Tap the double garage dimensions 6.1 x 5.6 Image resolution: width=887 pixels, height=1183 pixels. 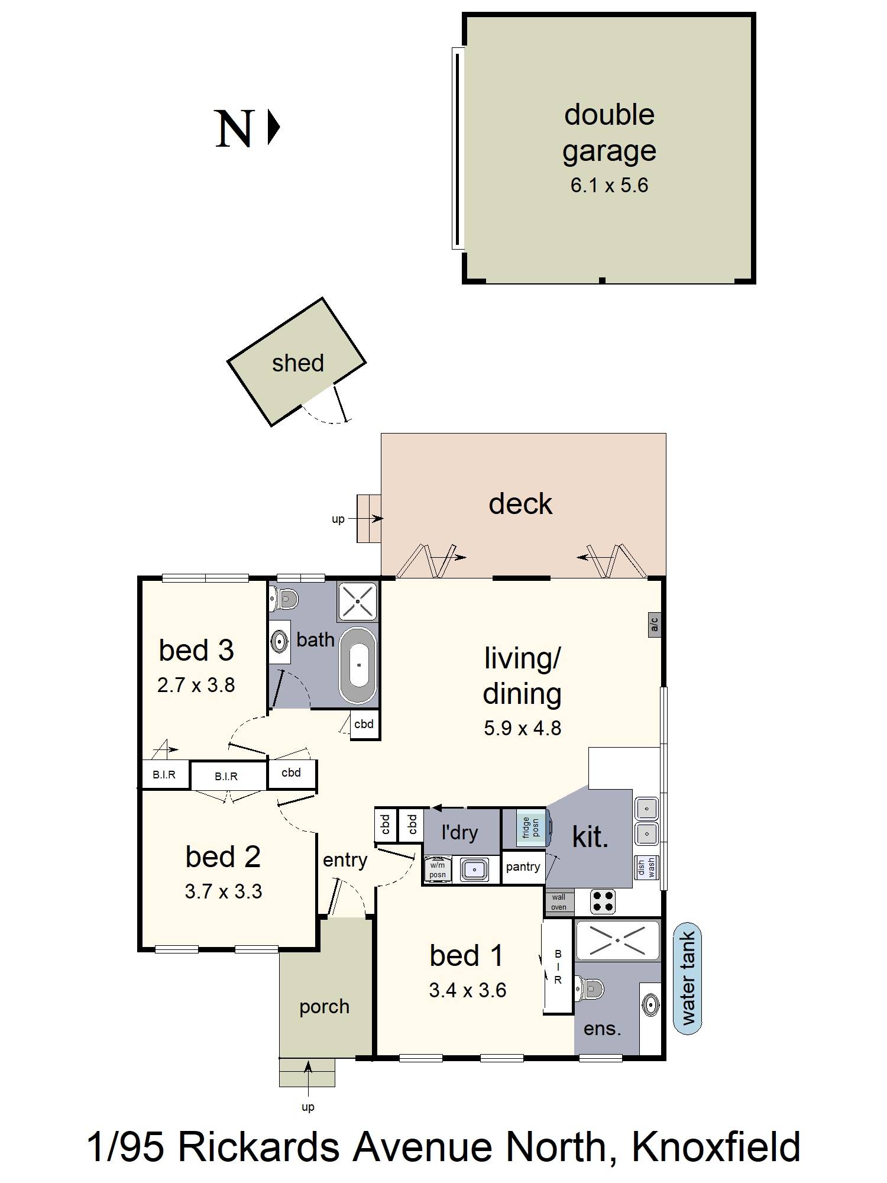click(609, 186)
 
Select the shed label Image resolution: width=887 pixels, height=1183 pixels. click(298, 363)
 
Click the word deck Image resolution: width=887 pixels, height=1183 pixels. click(520, 504)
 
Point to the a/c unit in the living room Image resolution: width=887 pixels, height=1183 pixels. click(654, 624)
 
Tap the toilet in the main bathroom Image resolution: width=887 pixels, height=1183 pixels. click(285, 599)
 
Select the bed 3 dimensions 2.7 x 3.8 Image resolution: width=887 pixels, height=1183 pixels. click(196, 685)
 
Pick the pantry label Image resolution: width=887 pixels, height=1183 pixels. click(523, 867)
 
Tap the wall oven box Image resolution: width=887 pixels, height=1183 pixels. click(559, 902)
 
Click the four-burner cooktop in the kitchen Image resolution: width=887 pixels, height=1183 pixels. click(603, 901)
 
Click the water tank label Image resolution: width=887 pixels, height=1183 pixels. click(688, 978)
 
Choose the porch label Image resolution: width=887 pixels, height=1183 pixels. click(324, 1007)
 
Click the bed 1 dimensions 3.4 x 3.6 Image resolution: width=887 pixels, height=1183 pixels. click(468, 990)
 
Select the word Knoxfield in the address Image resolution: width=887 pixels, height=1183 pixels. click(716, 1146)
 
